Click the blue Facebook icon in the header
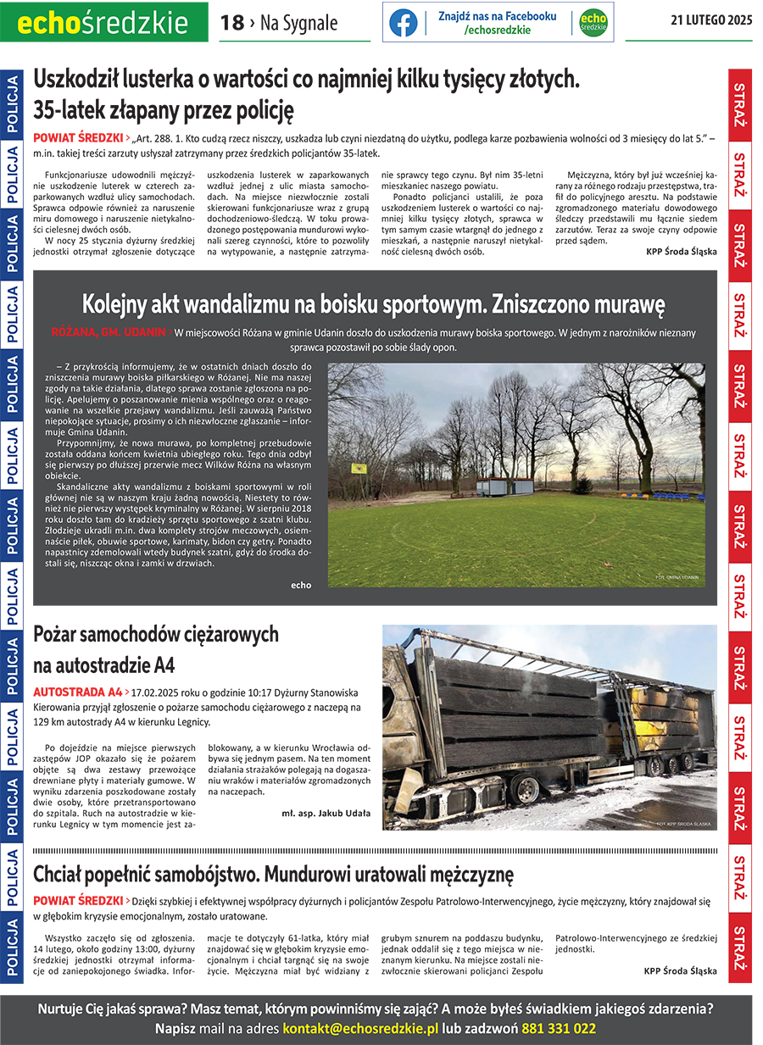[x=403, y=23]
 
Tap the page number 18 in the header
[x=231, y=24]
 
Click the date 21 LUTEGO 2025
[x=711, y=21]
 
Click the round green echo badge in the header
[x=593, y=23]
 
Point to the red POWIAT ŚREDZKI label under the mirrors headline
[x=77, y=137]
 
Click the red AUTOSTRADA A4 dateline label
[x=77, y=692]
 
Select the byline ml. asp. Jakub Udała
[x=326, y=813]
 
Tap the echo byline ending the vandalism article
[x=300, y=585]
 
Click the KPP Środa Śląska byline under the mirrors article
[x=681, y=252]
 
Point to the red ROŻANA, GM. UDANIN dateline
[x=108, y=332]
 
